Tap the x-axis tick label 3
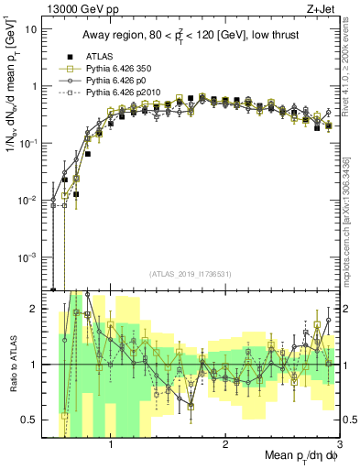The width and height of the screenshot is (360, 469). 339,444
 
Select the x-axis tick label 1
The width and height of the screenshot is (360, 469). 111,444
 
